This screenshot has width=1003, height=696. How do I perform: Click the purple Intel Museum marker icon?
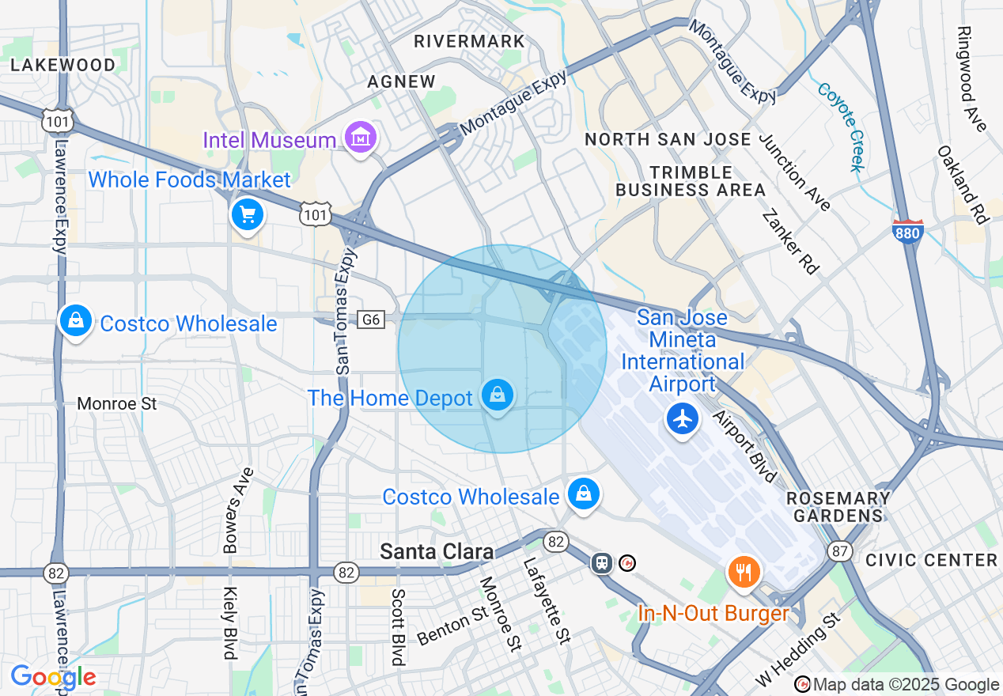click(361, 138)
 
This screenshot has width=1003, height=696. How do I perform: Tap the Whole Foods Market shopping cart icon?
click(247, 214)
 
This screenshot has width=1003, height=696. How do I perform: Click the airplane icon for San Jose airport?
click(682, 417)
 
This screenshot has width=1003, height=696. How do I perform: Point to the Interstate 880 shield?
click(907, 231)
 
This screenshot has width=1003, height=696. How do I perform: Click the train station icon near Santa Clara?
click(603, 562)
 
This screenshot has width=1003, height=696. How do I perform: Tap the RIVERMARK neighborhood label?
click(469, 41)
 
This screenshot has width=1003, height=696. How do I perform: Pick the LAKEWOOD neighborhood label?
click(63, 65)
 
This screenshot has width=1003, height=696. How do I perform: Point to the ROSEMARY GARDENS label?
click(838, 507)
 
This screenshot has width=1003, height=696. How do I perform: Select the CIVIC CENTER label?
click(931, 560)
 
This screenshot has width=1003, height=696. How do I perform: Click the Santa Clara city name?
click(437, 551)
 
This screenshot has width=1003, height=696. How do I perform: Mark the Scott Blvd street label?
click(398, 627)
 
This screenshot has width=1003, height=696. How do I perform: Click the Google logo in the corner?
click(53, 678)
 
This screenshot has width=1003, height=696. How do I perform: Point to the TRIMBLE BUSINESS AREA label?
click(691, 181)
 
